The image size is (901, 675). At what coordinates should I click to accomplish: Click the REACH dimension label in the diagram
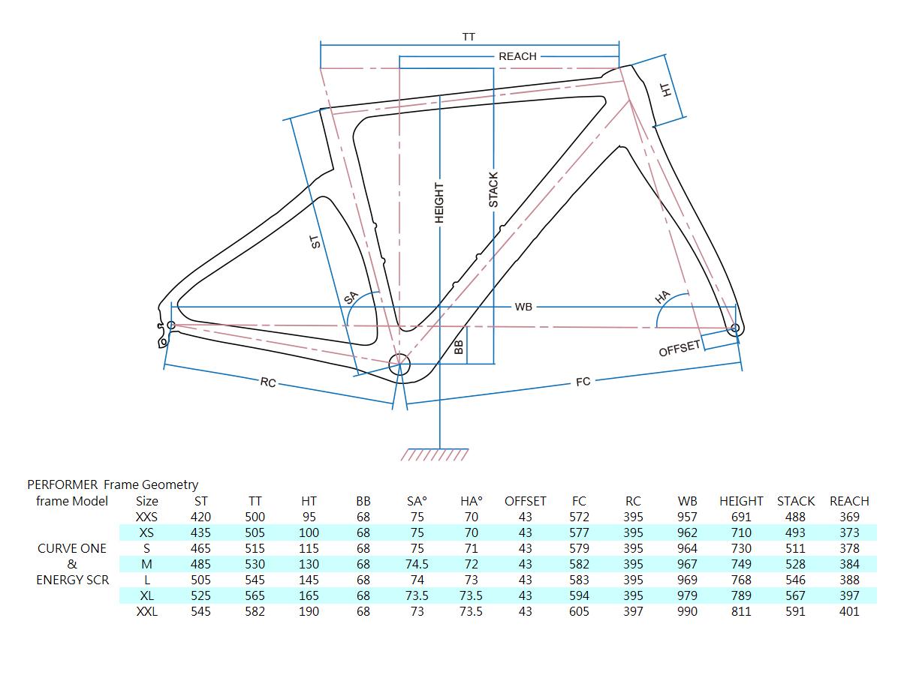coord(517,56)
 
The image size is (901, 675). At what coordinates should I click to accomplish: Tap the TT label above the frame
coord(469,37)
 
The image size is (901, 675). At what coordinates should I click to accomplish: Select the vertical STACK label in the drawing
coord(493,189)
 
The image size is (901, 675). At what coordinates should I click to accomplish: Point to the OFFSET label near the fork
coord(680,348)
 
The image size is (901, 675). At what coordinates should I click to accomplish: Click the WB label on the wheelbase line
coord(523,307)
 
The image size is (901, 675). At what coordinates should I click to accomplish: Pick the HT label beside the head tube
coord(666,90)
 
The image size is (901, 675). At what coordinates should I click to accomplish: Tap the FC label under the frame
coord(583,382)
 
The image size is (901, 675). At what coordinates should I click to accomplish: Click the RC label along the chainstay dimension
coord(268,382)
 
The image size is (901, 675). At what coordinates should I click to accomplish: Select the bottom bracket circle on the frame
coord(399,364)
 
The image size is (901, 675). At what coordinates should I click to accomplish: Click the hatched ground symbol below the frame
coord(434,455)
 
